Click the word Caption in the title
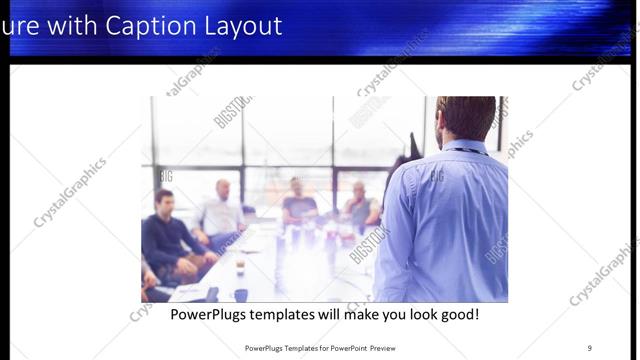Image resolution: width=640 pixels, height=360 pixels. (130, 25)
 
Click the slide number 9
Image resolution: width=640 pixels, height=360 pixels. (589, 348)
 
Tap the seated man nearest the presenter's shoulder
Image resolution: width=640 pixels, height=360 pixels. (361, 205)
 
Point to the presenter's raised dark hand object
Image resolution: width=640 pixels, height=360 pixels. (414, 147)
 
